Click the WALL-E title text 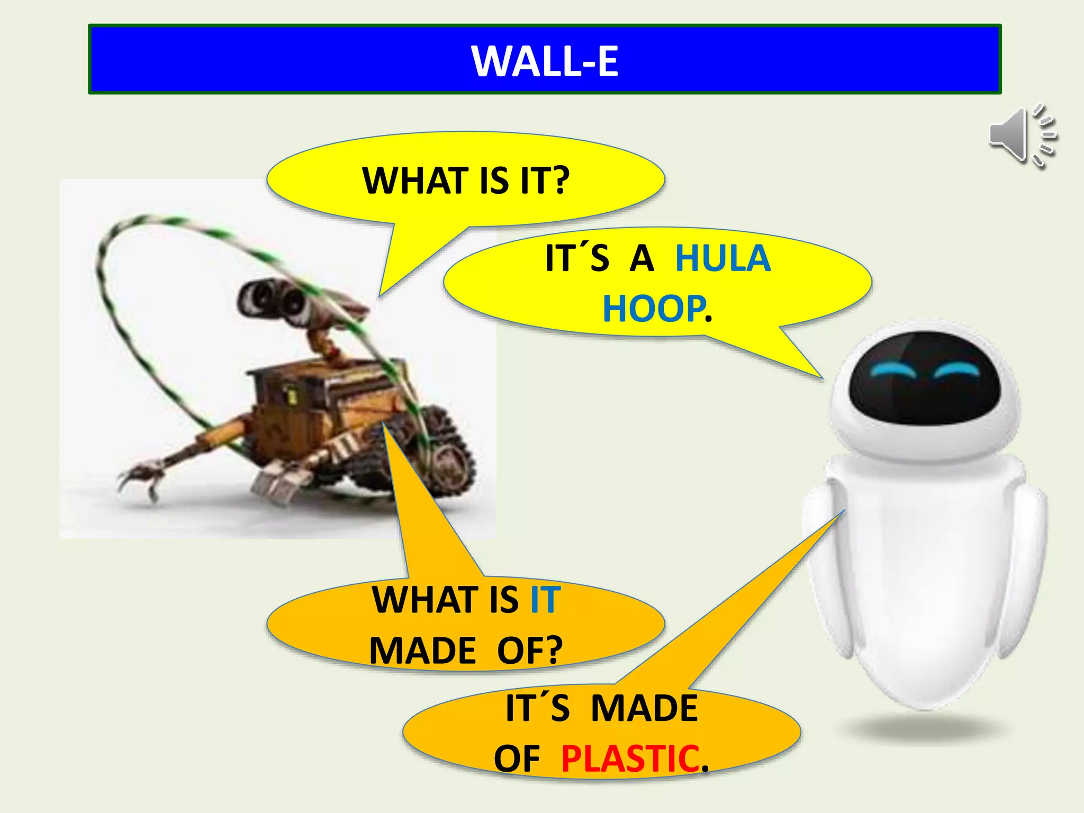[545, 61]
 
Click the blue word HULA [723, 259]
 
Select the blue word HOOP [654, 309]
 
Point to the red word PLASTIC [630, 759]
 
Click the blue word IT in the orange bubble [545, 600]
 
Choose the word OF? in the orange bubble [530, 651]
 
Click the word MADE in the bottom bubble [644, 708]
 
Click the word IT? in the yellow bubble [544, 181]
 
